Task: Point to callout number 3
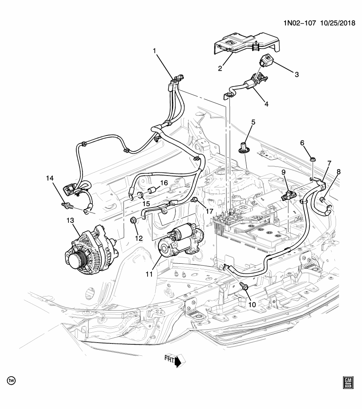[296, 74]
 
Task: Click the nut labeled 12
[133, 220]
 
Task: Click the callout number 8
[339, 172]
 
